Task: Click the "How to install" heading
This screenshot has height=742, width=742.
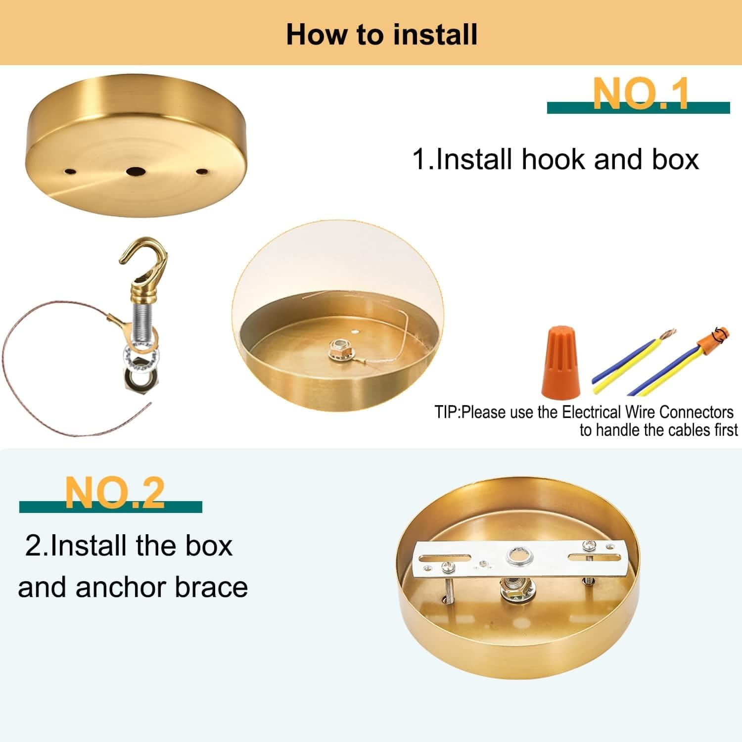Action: [x=382, y=35]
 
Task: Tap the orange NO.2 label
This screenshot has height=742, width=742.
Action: [x=114, y=493]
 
